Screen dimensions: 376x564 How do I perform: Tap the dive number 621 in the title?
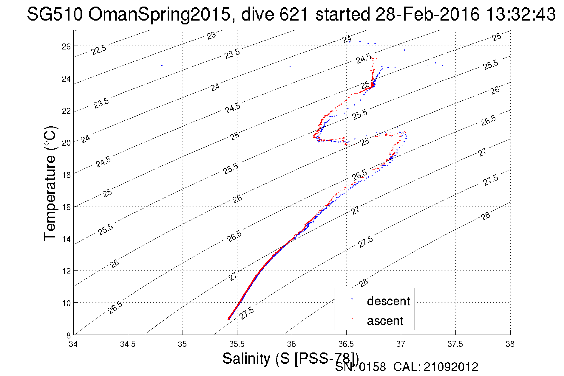pyautogui.click(x=293, y=14)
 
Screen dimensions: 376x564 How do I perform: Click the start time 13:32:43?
pyautogui.click(x=520, y=14)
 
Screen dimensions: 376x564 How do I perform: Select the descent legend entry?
pyautogui.click(x=388, y=301)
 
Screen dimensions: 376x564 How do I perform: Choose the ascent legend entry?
pyautogui.click(x=385, y=321)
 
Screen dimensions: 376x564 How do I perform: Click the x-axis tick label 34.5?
pyautogui.click(x=128, y=344)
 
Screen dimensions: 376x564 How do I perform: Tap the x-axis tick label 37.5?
pyautogui.click(x=455, y=344)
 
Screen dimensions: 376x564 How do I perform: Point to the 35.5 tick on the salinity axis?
pyautogui.click(x=237, y=344)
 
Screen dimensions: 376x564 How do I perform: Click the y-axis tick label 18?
pyautogui.click(x=66, y=175)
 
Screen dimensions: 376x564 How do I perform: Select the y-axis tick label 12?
pyautogui.click(x=66, y=271)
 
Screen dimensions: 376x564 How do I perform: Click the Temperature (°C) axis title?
pyautogui.click(x=50, y=184)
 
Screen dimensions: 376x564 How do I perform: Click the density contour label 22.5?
pyautogui.click(x=99, y=50)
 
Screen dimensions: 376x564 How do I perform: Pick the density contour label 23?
pyautogui.click(x=211, y=36)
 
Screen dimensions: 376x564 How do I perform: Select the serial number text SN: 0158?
pyautogui.click(x=360, y=367)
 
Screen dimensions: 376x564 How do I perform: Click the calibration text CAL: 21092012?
pyautogui.click(x=436, y=367)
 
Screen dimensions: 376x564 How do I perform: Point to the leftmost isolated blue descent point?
pyautogui.click(x=162, y=66)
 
